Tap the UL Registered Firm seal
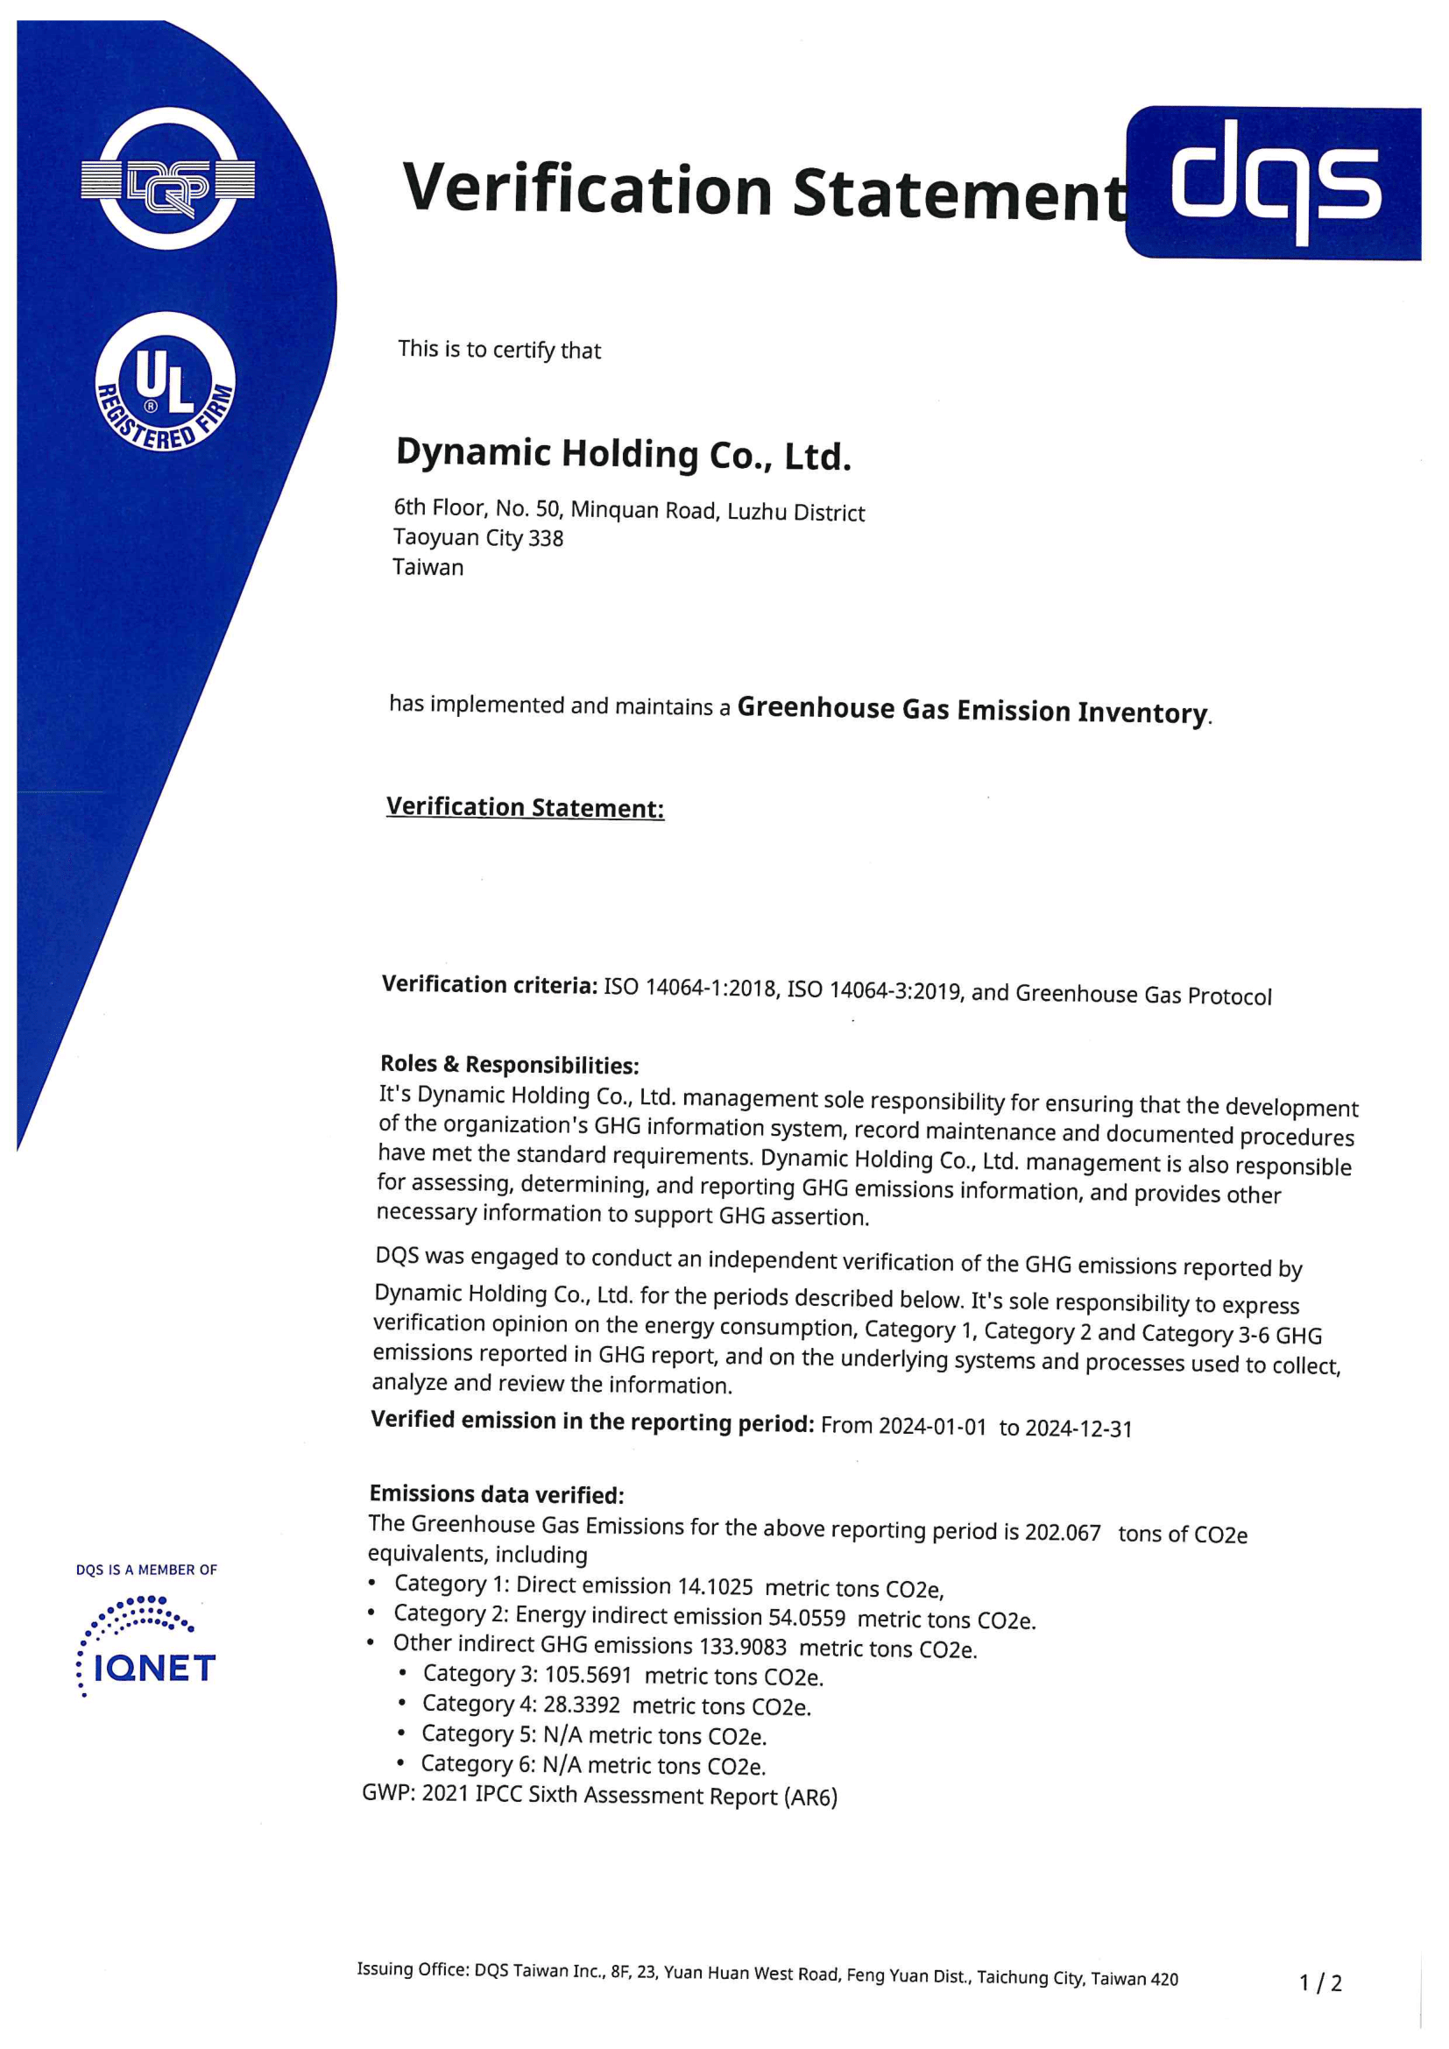click(165, 382)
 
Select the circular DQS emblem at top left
click(167, 180)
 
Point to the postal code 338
click(546, 539)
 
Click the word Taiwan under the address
click(428, 568)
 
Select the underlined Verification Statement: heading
click(525, 808)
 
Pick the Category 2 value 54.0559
click(807, 1617)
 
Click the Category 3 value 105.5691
click(587, 1675)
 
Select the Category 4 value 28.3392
click(581, 1705)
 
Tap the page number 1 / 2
click(1319, 1983)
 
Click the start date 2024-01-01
click(931, 1426)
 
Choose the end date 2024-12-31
click(1078, 1429)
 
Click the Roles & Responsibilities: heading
click(509, 1065)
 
